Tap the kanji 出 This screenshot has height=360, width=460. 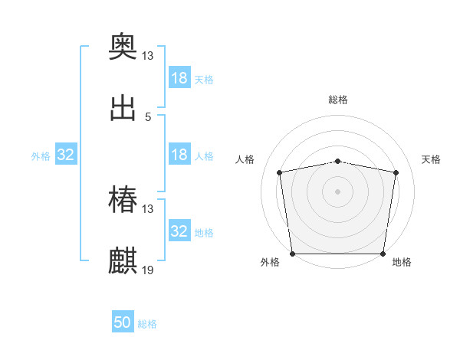click(x=123, y=109)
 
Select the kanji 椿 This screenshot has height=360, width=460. click(x=123, y=201)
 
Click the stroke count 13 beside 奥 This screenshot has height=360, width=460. click(x=148, y=55)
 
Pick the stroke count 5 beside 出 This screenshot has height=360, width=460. click(x=148, y=116)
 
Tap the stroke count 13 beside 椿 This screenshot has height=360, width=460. click(x=148, y=208)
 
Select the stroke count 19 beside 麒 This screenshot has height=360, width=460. click(x=148, y=270)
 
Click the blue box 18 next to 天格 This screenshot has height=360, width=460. click(x=179, y=78)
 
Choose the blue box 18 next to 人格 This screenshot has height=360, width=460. click(x=179, y=155)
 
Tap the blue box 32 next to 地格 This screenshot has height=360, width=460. click(x=179, y=231)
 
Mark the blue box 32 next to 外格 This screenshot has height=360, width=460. click(x=66, y=155)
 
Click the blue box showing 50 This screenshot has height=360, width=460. click(x=123, y=322)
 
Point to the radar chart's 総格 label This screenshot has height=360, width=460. click(x=338, y=100)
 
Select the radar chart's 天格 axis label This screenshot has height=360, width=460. click(x=431, y=159)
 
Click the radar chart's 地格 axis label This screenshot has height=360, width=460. click(x=402, y=262)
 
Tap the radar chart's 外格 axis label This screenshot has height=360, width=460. click(x=271, y=262)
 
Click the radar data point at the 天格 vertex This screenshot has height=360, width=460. click(x=396, y=172)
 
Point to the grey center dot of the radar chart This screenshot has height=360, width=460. click(x=338, y=191)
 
